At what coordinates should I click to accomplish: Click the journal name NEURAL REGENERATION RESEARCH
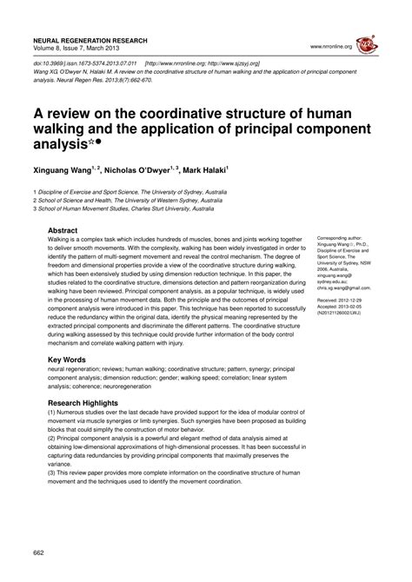pyautogui.click(x=90, y=41)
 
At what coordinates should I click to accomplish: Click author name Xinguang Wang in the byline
pyautogui.click(x=66, y=170)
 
